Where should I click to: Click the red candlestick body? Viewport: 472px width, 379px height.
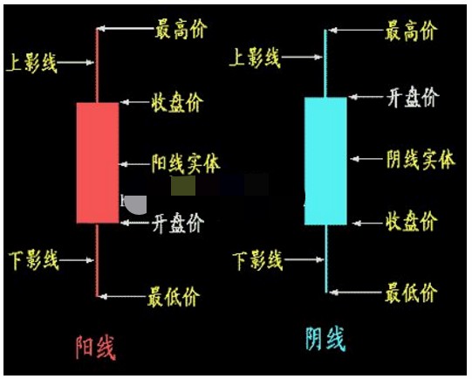click(x=98, y=163)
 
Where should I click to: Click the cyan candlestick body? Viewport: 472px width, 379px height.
click(x=325, y=161)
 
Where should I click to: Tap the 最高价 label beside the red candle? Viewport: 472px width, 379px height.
click(x=181, y=30)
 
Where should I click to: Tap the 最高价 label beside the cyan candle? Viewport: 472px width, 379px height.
click(x=411, y=31)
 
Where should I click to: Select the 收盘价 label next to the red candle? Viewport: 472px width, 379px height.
click(x=178, y=102)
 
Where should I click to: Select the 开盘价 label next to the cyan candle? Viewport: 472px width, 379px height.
click(x=413, y=97)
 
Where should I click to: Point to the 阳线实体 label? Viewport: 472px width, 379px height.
click(x=186, y=164)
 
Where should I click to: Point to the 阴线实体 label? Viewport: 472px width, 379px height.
click(x=421, y=159)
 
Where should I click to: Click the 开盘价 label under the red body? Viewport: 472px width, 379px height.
click(x=178, y=224)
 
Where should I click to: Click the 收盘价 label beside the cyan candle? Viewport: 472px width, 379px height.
click(x=412, y=221)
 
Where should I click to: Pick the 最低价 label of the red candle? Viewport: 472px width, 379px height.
click(x=174, y=296)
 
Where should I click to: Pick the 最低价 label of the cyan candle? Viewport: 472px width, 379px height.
click(x=411, y=293)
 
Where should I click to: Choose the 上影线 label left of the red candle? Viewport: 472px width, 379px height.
click(x=31, y=63)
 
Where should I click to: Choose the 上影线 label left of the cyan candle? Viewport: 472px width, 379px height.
click(x=255, y=58)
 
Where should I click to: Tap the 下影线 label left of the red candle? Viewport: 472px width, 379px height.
click(x=33, y=260)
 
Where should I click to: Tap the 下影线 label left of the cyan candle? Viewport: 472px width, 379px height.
click(x=257, y=260)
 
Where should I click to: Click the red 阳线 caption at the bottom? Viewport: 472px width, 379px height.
click(x=95, y=348)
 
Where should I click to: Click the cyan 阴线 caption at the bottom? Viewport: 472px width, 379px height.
click(x=325, y=339)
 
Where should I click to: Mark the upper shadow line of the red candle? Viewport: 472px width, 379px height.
click(x=97, y=65)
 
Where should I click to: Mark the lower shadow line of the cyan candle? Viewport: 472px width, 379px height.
click(x=326, y=258)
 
